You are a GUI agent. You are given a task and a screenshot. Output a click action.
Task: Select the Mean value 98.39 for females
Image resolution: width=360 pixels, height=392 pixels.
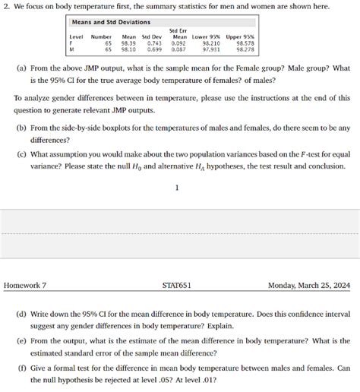click(x=128, y=43)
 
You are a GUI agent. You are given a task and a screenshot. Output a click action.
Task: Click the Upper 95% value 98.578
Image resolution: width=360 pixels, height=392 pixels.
click(x=245, y=43)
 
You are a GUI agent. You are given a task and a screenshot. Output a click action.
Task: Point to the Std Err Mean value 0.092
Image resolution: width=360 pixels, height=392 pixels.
click(x=178, y=43)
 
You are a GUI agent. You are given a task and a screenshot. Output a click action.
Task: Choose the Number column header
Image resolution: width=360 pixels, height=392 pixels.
click(x=101, y=37)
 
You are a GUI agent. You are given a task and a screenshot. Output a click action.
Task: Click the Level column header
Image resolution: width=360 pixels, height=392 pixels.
click(x=76, y=37)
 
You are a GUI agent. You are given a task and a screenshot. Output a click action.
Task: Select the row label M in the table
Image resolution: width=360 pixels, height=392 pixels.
click(x=71, y=49)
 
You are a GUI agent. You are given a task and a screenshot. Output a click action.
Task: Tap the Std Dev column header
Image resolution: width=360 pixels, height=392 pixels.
click(x=152, y=37)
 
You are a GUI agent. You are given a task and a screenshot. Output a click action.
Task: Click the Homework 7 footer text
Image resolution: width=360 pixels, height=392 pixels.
click(x=25, y=286)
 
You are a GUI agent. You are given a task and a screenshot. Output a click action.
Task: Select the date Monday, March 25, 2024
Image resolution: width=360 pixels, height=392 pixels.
click(x=309, y=286)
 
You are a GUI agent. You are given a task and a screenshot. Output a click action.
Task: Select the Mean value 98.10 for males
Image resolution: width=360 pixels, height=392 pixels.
click(x=128, y=49)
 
